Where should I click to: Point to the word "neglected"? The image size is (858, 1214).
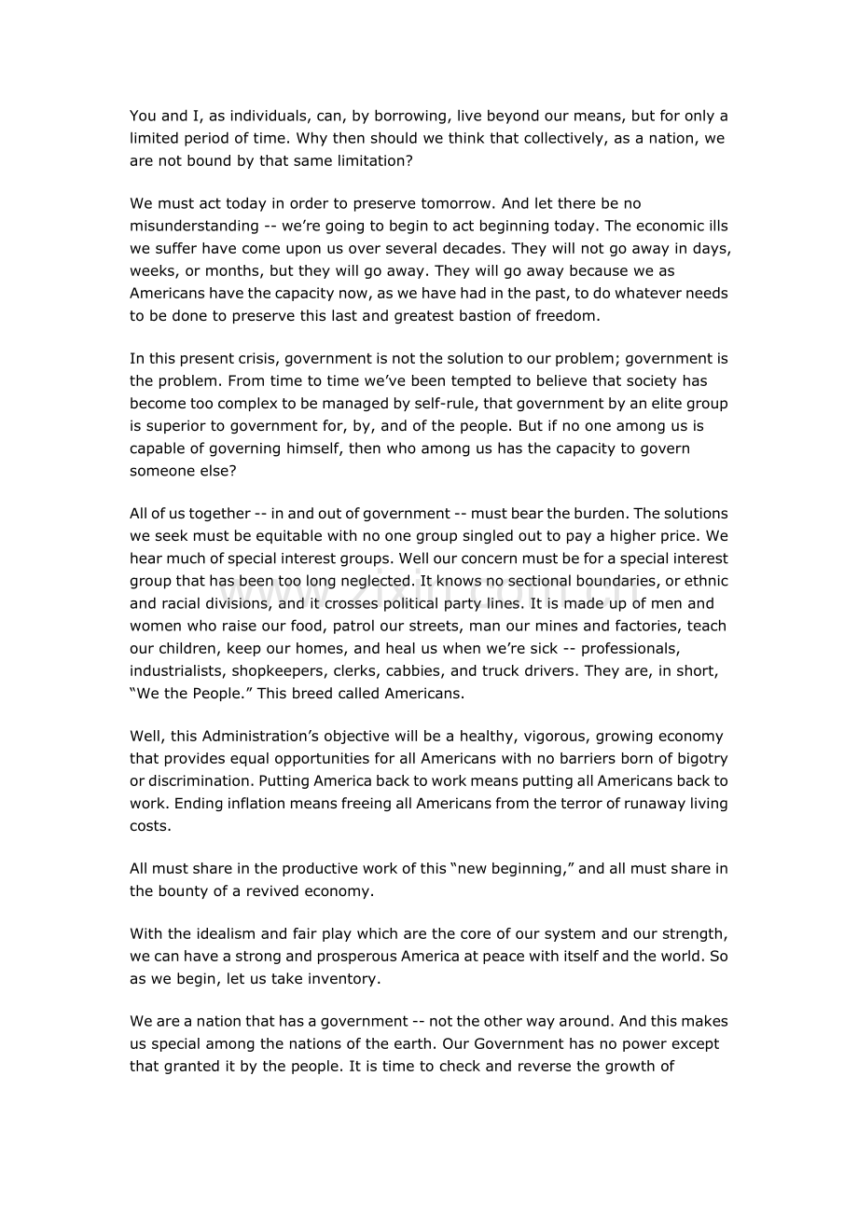(372, 581)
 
